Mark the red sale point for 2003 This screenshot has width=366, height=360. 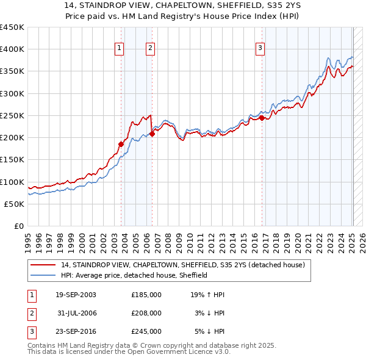[x=121, y=144]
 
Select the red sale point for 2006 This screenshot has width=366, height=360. [x=152, y=134]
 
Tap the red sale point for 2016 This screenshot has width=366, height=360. [x=262, y=118]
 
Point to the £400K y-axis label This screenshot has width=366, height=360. [x=12, y=49]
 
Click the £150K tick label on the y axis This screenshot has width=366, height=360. [x=12, y=160]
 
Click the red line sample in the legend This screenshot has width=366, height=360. [x=43, y=265]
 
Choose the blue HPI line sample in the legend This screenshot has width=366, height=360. [x=43, y=275]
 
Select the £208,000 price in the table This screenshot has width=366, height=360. [x=146, y=313]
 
